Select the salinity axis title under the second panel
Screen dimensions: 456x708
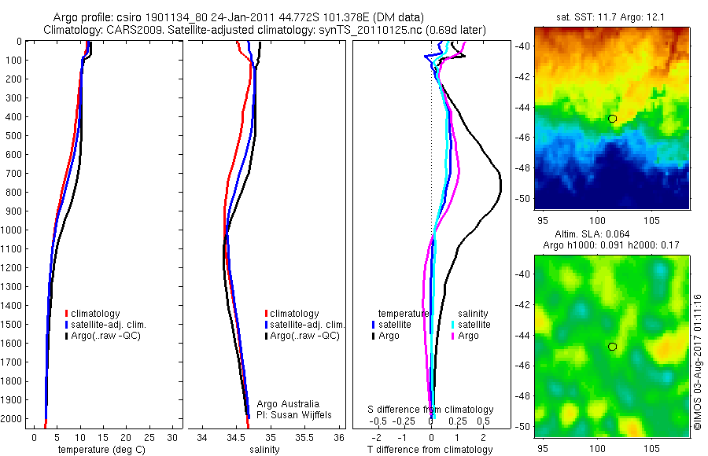pyautogui.click(x=265, y=450)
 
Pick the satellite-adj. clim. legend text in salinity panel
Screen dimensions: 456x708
pyautogui.click(x=308, y=325)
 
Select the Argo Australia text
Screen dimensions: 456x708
pyautogui.click(x=288, y=404)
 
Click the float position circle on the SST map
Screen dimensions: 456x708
pyautogui.click(x=612, y=119)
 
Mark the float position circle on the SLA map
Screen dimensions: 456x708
pyautogui.click(x=612, y=346)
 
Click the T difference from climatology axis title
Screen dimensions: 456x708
pyautogui.click(x=430, y=450)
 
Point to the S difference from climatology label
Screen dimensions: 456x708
pyautogui.click(x=430, y=410)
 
